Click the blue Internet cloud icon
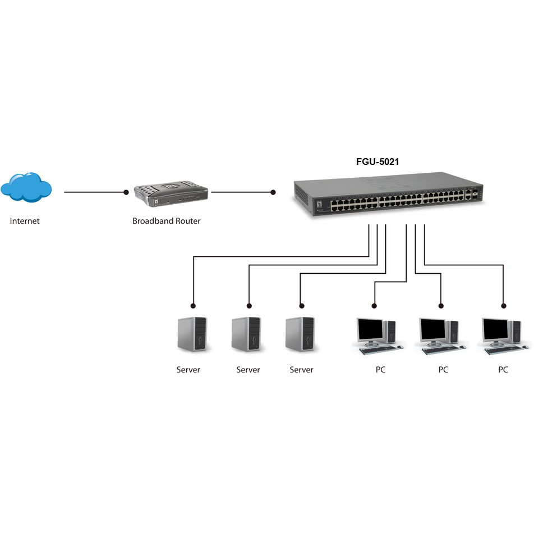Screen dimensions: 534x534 pos(26,187)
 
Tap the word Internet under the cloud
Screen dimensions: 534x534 pos(25,221)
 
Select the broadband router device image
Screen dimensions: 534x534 pos(171,194)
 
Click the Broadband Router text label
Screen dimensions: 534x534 pos(166,221)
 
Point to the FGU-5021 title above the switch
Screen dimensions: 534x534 pos(378,162)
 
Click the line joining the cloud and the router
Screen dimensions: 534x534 pos(95,192)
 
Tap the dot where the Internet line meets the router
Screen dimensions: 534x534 pos(126,192)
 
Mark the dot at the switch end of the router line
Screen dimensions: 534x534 pos(273,192)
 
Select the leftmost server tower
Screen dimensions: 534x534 pos(192,334)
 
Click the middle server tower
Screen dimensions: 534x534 pos(246,334)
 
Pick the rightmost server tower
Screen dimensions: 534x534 pos(300,334)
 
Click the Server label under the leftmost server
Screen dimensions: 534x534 pos(188,370)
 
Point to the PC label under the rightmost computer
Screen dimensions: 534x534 pos(503,370)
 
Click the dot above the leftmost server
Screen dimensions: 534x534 pos(193,306)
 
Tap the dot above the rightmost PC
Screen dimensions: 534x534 pos(504,306)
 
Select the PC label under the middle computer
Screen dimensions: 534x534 pos(443,370)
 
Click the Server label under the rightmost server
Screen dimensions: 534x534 pos(301,370)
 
